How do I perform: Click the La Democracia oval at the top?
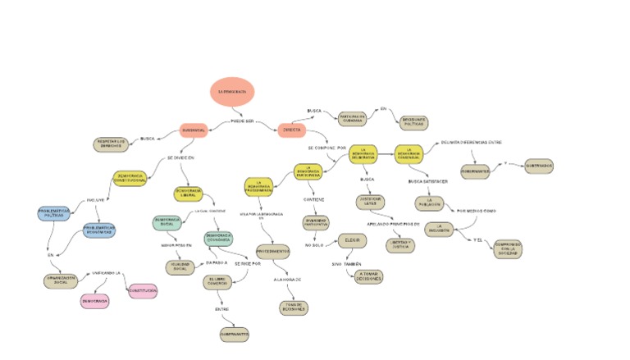pyautogui.click(x=231, y=91)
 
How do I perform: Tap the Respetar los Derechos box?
pyautogui.click(x=112, y=144)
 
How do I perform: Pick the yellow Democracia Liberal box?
pyautogui.click(x=189, y=194)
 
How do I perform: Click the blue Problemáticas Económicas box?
pyautogui.click(x=99, y=230)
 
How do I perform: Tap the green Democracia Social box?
pyautogui.click(x=167, y=222)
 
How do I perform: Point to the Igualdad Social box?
pyautogui.click(x=180, y=267)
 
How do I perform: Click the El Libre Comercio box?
pyautogui.click(x=219, y=282)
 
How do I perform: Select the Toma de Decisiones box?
pyautogui.click(x=293, y=308)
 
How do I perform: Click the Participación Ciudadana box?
pyautogui.click(x=352, y=119)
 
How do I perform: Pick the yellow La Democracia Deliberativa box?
pyautogui.click(x=367, y=154)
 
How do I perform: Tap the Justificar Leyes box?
pyautogui.click(x=370, y=201)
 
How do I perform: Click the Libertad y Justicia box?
pyautogui.click(x=401, y=245)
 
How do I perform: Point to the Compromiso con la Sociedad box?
pyautogui.click(x=507, y=249)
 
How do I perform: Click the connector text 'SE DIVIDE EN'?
pyautogui.click(x=181, y=157)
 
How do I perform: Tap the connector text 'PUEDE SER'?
pyautogui.click(x=242, y=121)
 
